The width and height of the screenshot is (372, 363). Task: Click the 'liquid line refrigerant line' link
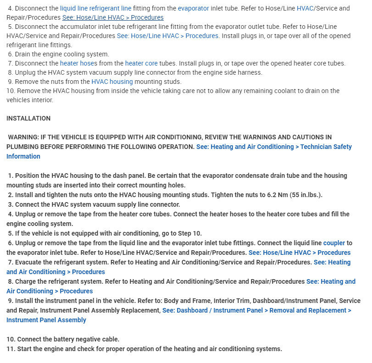[95, 8]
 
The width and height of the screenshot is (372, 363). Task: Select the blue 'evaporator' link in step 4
[193, 8]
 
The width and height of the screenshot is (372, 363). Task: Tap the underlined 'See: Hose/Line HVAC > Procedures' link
[113, 17]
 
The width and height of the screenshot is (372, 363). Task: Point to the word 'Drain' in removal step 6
[24, 54]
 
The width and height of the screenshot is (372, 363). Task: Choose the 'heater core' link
[141, 63]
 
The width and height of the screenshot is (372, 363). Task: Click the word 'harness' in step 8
[250, 72]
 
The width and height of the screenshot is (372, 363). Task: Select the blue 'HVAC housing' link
[112, 82]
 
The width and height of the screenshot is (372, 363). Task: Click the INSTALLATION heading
[28, 118]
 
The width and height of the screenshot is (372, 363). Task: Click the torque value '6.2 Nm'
[277, 195]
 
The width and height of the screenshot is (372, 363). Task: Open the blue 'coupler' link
[334, 243]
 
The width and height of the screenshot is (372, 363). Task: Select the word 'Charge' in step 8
[26, 281]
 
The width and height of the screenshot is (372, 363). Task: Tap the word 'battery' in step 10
[57, 339]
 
